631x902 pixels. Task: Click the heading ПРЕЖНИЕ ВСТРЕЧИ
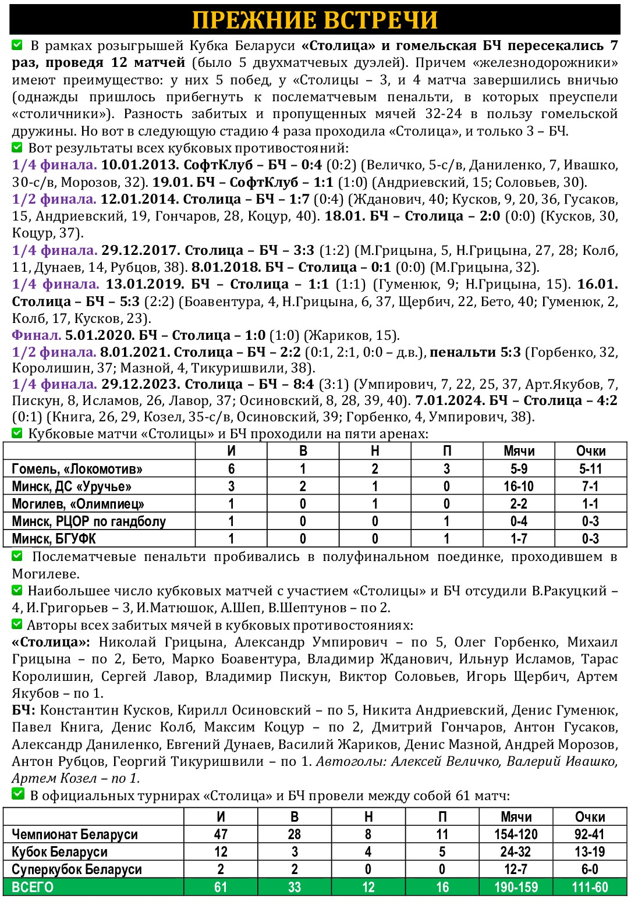[315, 20]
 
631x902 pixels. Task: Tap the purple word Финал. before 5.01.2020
[37, 336]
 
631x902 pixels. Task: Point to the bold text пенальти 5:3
[475, 353]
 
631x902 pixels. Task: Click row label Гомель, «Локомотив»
[77, 469]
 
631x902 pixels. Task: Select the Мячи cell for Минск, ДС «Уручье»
[519, 486]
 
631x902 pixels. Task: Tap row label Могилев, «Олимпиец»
[78, 504]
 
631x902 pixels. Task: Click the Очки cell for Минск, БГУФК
[590, 539]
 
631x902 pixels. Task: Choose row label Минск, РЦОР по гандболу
[88, 521]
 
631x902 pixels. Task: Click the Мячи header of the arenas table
[519, 451]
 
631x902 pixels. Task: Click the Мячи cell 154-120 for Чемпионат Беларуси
[516, 834]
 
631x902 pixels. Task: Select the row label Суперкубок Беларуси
[77, 869]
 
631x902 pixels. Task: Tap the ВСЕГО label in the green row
[33, 887]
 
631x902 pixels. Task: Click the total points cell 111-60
[590, 887]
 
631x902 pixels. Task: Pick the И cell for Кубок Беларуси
[221, 852]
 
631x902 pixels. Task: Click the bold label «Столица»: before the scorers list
[51, 642]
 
